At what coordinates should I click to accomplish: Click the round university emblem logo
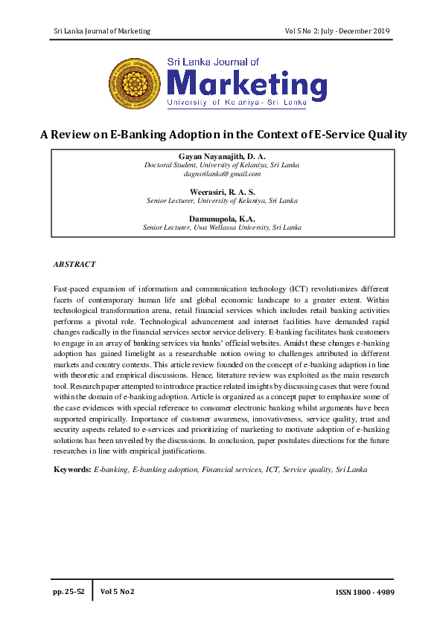tap(135, 83)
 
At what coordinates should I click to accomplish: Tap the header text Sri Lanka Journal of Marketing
tap(102, 30)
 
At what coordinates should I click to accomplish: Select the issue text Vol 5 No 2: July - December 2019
tap(337, 30)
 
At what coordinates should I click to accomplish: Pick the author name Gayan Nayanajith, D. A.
tap(222, 156)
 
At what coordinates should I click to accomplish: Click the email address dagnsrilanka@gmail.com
tap(222, 174)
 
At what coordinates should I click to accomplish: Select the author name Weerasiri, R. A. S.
tap(222, 192)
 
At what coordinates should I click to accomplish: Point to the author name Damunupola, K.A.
tap(222, 219)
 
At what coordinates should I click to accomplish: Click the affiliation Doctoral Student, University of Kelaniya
tap(222, 165)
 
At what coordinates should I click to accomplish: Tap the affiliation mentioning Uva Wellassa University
tap(222, 228)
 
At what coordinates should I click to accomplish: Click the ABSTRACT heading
tap(74, 264)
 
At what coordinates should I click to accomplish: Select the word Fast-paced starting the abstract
tap(71, 288)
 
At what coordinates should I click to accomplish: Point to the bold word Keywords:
tap(72, 470)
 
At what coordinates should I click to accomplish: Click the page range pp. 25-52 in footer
tap(68, 591)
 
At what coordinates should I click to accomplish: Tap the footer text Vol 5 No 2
tap(117, 591)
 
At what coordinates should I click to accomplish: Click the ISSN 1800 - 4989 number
tap(360, 592)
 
